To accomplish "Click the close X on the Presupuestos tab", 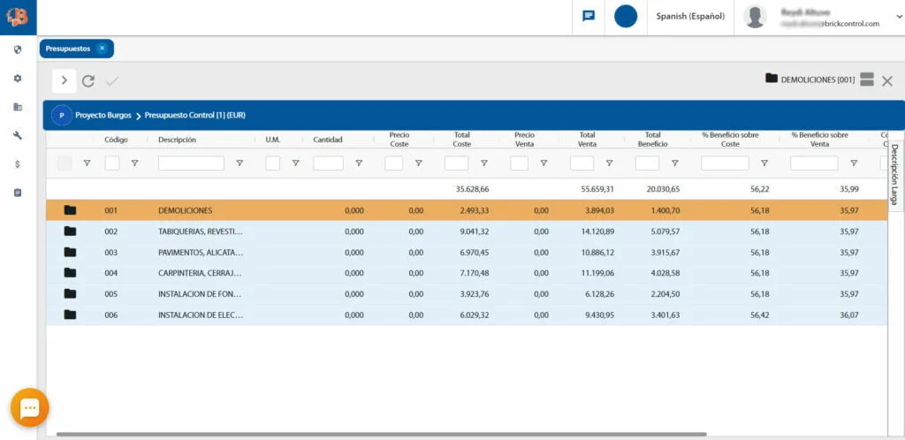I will (x=102, y=49).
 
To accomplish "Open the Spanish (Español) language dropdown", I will (x=690, y=16).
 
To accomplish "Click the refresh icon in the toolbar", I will (x=88, y=81).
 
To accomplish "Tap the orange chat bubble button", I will (x=29, y=407).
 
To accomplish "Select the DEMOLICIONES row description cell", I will (x=185, y=210).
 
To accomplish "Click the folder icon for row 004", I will (x=70, y=273).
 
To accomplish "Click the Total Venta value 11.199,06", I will (x=596, y=273).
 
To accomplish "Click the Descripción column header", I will (x=177, y=140).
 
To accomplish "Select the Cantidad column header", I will (x=328, y=140).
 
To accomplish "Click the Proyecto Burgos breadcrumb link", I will (x=103, y=116).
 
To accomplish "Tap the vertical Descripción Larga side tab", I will (x=894, y=174).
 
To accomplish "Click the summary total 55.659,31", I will (x=597, y=189).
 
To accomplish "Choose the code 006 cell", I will (x=110, y=315).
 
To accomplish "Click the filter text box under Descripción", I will (x=191, y=163).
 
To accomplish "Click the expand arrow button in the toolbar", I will (x=64, y=80).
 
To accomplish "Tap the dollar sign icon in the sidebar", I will (x=18, y=163).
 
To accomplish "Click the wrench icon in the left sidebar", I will (x=18, y=135).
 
